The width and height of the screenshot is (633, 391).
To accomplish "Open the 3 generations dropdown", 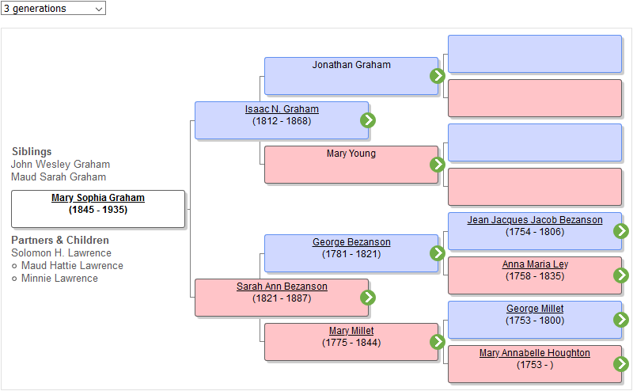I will pos(53,8).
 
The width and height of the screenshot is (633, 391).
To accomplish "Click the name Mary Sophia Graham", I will pos(98,198).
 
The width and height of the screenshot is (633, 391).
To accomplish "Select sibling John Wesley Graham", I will pos(60,165).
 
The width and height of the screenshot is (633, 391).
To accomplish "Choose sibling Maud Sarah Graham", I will pos(59,177).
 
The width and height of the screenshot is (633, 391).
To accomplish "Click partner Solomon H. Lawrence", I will pos(61,253).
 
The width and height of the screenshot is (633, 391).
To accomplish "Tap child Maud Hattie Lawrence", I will pos(72,266).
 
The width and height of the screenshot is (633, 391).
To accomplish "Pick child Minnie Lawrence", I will pos(59,279).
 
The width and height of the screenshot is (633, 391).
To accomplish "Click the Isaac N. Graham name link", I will pos(282,109).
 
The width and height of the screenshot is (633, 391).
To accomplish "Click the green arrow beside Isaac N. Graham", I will pos(368,120).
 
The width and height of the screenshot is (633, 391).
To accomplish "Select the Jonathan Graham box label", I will pos(351,65).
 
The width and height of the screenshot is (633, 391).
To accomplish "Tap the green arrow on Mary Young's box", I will pos(438,165).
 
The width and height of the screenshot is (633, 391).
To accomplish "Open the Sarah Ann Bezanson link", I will pos(282,287).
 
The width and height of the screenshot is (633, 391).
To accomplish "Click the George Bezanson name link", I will pos(351,242).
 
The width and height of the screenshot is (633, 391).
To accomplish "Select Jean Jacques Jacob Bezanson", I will pos(535,220).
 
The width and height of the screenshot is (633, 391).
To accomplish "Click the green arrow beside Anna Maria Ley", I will pos(621,275).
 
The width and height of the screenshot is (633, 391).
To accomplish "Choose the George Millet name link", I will pos(535,309).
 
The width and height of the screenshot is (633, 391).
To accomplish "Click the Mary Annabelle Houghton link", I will pos(535,353).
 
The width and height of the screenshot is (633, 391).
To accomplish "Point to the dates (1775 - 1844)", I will pos(351,343).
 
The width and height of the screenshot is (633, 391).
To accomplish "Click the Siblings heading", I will pos(32,151).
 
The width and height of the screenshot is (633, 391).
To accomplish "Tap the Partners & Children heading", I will pos(60,240).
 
